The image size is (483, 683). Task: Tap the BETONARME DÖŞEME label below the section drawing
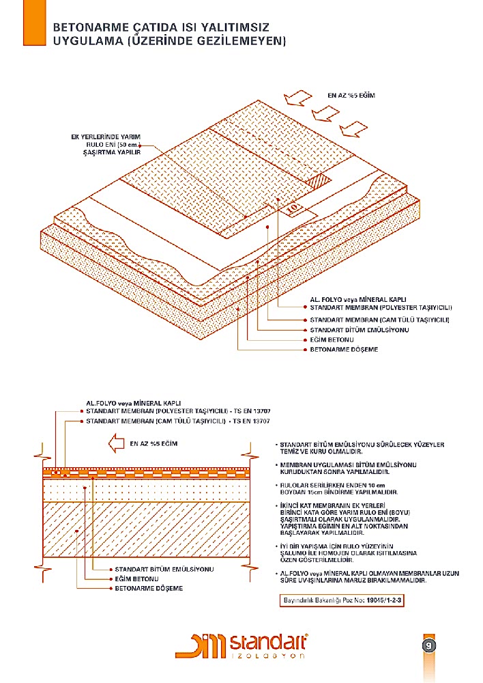[148, 587]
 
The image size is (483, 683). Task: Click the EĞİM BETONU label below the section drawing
[136, 579]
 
